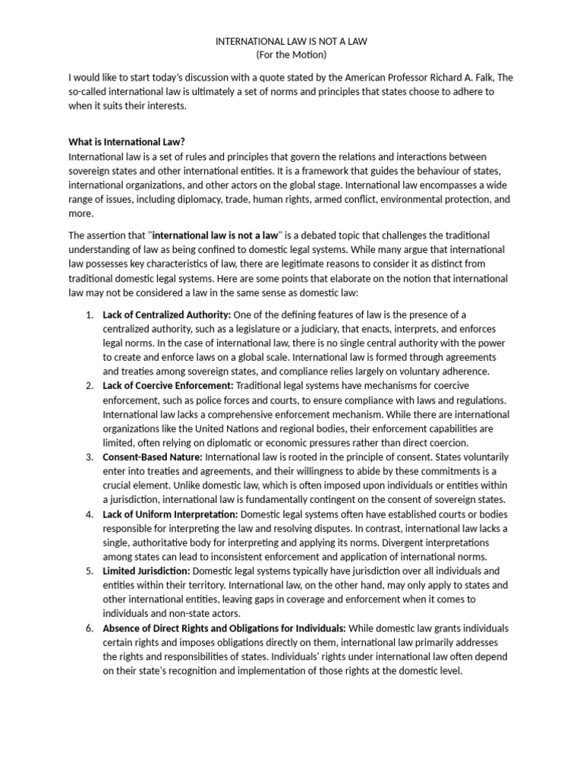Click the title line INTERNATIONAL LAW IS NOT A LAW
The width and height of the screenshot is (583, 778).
[291, 42]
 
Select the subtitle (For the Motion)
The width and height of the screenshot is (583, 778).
[291, 56]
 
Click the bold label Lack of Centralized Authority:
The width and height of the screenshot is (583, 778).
[167, 315]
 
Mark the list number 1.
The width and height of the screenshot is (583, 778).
[89, 315]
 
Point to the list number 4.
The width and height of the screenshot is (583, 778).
[89, 514]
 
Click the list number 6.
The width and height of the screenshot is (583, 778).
[89, 628]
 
